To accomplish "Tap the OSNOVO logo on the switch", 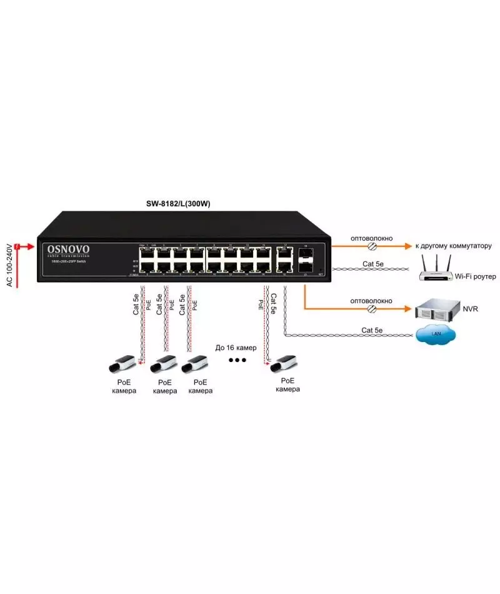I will pos(69,250).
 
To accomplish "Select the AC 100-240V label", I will pos(8,264).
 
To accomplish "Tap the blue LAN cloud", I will pos(436,336).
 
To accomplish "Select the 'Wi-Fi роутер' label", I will pos(474,275).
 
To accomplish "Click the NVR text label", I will pos(471,309).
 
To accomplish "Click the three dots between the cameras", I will pos(237,360).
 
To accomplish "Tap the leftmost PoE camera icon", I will pos(122,363).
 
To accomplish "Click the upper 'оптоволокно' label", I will pos(371,238).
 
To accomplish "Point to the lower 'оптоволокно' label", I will pos(371,301).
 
